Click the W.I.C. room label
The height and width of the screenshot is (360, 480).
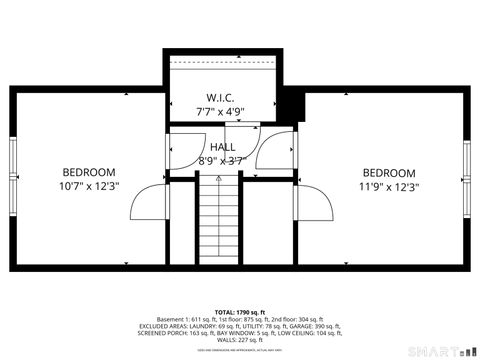[221, 98]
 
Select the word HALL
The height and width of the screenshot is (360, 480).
[223, 147]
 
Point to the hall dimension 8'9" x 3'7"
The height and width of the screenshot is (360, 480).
[222, 160]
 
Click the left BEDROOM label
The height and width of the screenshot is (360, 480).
[89, 172]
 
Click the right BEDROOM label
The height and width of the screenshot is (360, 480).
[389, 172]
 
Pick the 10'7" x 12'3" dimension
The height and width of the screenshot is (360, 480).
[89, 186]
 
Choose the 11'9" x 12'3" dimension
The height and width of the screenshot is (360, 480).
[389, 186]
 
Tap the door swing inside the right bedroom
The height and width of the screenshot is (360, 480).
[316, 205]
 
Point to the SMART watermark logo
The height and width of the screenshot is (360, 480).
[440, 350]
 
